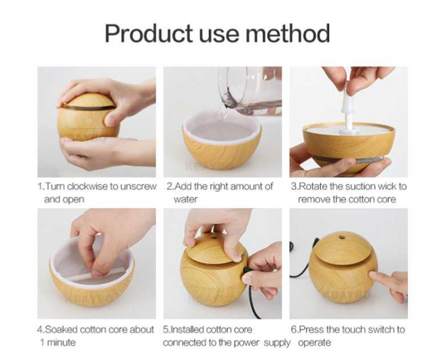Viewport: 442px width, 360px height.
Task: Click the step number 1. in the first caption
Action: click(x=41, y=187)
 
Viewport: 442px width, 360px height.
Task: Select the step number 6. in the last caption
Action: click(x=294, y=329)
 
